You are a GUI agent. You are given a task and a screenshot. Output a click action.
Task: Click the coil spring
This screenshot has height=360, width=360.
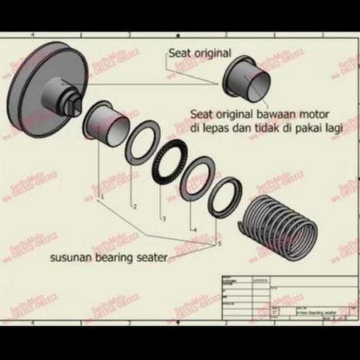tap(280, 226)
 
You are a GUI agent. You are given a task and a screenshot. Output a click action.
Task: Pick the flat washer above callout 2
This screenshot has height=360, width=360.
tap(142, 142)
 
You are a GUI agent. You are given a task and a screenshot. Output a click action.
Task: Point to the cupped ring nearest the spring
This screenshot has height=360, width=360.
tap(225, 196)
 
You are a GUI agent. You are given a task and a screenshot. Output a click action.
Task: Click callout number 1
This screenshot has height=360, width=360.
tap(102, 196)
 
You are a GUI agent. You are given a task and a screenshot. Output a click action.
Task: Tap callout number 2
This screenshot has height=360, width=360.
tap(135, 207)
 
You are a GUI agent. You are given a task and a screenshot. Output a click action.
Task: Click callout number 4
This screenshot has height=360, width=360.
tap(195, 230)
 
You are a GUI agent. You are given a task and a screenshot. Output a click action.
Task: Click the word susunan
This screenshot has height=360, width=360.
tap(68, 258)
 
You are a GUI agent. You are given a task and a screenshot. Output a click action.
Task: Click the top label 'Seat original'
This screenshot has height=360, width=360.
tap(200, 53)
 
